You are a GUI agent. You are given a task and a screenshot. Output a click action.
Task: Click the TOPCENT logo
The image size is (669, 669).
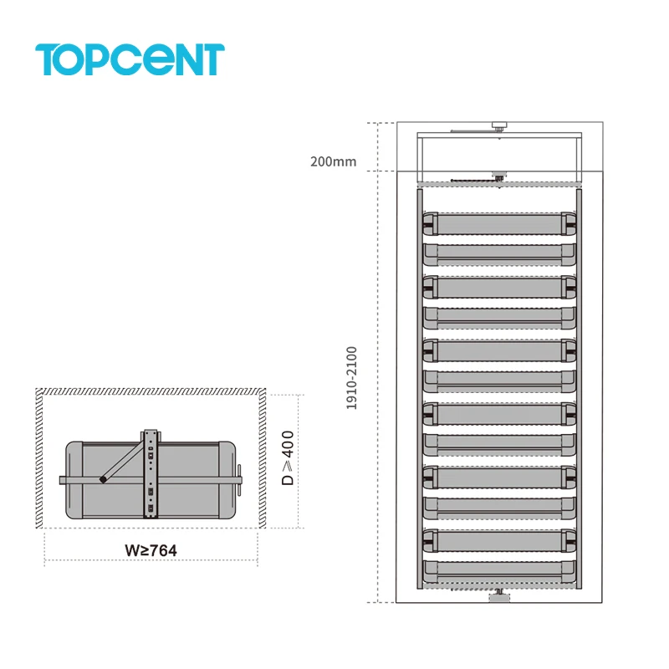tap(130, 59)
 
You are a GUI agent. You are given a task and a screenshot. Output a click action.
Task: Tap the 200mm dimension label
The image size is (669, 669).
tap(333, 162)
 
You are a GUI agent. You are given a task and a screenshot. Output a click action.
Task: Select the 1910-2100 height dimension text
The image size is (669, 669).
tap(352, 378)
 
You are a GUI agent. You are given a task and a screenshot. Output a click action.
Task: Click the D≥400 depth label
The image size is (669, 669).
tap(288, 458)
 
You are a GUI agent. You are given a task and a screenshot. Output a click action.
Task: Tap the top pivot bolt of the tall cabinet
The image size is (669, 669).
tap(498, 127)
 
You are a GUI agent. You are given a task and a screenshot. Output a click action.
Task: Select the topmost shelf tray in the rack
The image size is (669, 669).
tap(499, 223)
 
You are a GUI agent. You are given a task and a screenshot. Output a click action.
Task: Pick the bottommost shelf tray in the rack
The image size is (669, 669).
tap(499, 574)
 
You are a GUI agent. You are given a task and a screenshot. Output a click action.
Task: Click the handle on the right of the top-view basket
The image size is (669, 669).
tap(239, 480)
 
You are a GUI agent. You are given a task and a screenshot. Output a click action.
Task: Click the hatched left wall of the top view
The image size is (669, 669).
tap(38, 460)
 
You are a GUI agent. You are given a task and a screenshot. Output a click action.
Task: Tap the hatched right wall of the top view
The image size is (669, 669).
tap(263, 460)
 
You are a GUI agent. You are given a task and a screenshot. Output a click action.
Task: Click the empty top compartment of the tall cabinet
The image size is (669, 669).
tap(498, 155)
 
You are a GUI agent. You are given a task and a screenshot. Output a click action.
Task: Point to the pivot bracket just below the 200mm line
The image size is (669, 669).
tap(498, 177)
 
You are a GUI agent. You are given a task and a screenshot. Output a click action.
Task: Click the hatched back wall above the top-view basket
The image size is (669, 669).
tap(151, 391)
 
